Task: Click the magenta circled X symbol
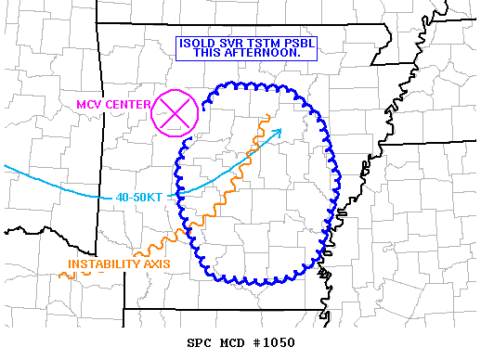point(175,113)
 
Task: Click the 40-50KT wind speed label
point(141,197)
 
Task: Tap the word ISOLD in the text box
point(198,43)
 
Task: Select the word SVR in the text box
point(232,43)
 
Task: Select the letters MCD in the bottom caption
point(232,342)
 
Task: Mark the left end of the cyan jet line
point(5,166)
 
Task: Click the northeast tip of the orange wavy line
point(267,115)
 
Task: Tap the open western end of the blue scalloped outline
point(187,141)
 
